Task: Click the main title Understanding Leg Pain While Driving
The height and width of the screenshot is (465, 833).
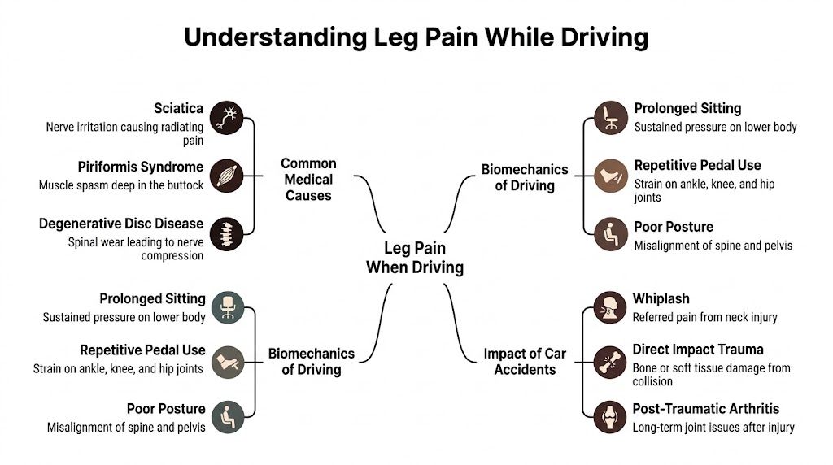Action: pos(416,37)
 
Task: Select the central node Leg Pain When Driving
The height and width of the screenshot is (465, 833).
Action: pos(414,258)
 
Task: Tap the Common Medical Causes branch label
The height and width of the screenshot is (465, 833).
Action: pos(308,179)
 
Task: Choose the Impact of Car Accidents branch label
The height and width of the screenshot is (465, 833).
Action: pos(525,362)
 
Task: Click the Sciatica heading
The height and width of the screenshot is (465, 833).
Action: pos(178,109)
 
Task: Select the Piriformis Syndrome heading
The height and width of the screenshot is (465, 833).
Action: pos(140,167)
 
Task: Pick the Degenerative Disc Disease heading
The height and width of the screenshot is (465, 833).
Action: pos(121,224)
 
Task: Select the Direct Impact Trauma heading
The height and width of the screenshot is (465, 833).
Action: pos(698,350)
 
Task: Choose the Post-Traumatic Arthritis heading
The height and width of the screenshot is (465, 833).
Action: pos(705,409)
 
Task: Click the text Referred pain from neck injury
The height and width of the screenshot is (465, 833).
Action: pos(705,317)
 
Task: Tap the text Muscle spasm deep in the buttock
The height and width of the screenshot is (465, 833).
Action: pos(121,185)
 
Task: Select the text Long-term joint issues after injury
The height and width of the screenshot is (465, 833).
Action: pos(713,427)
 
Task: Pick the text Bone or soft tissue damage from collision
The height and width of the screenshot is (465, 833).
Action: pos(711,375)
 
